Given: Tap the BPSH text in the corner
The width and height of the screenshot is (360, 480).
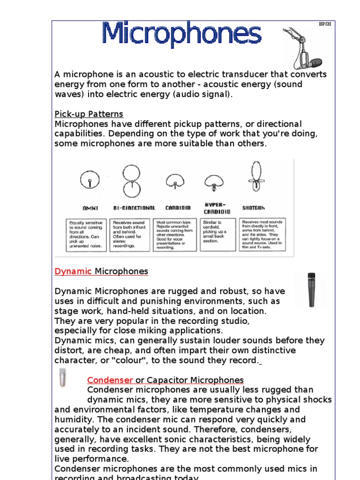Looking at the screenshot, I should (325, 24).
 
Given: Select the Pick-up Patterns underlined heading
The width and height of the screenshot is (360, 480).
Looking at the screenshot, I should (89, 114).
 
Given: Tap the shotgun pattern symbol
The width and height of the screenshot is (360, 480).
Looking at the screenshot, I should (256, 177).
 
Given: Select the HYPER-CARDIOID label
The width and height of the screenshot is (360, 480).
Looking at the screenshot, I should (214, 208).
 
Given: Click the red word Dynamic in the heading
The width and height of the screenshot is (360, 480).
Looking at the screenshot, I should (74, 271).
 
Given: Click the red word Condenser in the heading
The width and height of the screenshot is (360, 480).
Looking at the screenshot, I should (111, 380).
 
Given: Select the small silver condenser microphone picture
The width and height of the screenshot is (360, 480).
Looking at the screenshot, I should (63, 378).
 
